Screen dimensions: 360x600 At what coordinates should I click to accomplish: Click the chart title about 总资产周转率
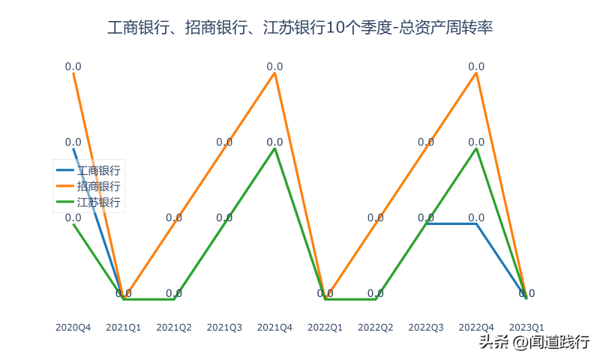pyautogui.click(x=300, y=28)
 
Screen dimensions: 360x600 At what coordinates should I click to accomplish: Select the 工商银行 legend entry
pyautogui.click(x=98, y=171)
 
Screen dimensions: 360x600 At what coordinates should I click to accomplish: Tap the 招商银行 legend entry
pyautogui.click(x=98, y=186)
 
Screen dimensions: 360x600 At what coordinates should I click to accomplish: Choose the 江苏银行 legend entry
pyautogui.click(x=98, y=202)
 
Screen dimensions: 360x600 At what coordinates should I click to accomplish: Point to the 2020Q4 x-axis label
pyautogui.click(x=73, y=328)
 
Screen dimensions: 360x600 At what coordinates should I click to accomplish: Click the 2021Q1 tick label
pyautogui.click(x=124, y=328)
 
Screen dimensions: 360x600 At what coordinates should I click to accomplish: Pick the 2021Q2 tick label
pyautogui.click(x=174, y=328)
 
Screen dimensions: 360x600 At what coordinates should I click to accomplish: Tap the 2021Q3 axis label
pyautogui.click(x=224, y=328)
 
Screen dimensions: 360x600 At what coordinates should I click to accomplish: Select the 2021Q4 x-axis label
pyautogui.click(x=274, y=328)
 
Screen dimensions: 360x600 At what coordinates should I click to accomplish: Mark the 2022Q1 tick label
pyautogui.click(x=325, y=328)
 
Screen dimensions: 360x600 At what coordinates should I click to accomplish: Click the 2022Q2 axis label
pyautogui.click(x=376, y=328)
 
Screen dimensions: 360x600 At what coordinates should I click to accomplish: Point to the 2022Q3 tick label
pyautogui.click(x=426, y=328)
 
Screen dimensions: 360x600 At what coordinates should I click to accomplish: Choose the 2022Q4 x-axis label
pyautogui.click(x=476, y=328)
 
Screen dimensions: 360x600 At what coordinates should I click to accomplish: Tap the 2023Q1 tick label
pyautogui.click(x=526, y=328)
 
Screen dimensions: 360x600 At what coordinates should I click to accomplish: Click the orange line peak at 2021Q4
pyautogui.click(x=274, y=73)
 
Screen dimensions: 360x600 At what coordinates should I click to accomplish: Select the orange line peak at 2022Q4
pyautogui.click(x=476, y=73)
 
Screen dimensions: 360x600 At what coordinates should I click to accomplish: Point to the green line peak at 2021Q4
pyautogui.click(x=274, y=148)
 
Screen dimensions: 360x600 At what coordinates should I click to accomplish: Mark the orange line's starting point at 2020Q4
pyautogui.click(x=73, y=73)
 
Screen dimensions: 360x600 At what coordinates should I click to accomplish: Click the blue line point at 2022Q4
pyautogui.click(x=476, y=223)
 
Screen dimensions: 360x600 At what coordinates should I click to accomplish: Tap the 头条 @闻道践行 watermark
pyautogui.click(x=534, y=343)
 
